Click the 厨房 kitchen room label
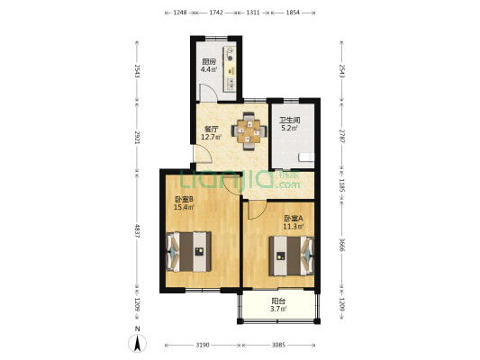[x=208, y=61]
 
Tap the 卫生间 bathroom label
[x=290, y=121]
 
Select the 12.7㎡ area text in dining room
[x=212, y=137]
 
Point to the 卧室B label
[x=184, y=200]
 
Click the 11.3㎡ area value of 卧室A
[x=294, y=227]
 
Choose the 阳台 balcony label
[x=278, y=301]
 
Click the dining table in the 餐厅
[x=249, y=131]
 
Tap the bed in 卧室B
[x=188, y=252]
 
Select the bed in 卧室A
[x=292, y=256]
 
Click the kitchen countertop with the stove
[x=230, y=69]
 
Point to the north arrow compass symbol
[x=138, y=343]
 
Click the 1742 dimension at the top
[x=216, y=13]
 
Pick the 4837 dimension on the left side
[x=138, y=231]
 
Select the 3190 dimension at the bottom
[x=203, y=345]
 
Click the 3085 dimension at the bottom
[x=278, y=345]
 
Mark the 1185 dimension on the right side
[x=341, y=186]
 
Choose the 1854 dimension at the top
[x=294, y=13]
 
